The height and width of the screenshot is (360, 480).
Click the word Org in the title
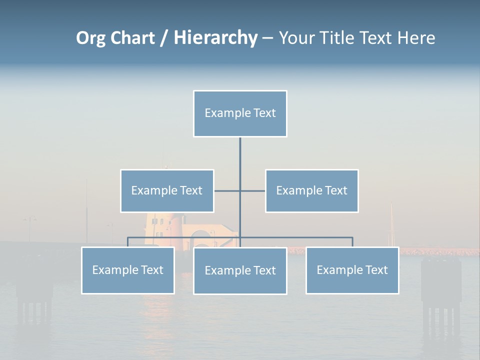click(x=90, y=38)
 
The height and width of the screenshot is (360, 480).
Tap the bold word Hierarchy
click(x=215, y=38)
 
